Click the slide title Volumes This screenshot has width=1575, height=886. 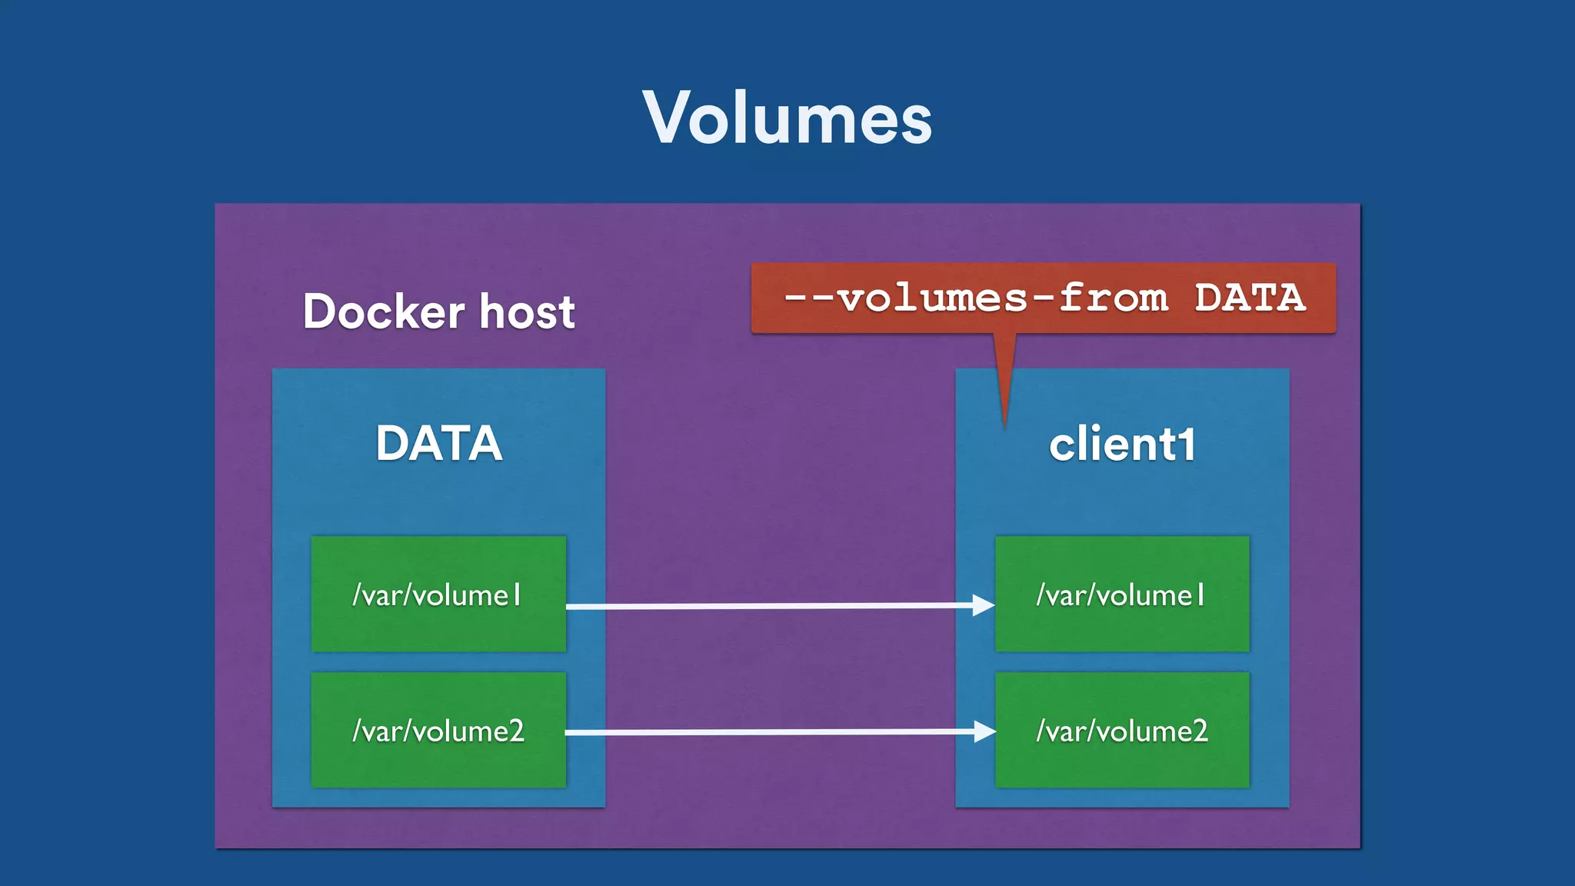787,118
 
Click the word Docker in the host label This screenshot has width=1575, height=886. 384,311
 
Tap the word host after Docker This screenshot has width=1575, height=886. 528,311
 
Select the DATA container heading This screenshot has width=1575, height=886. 438,444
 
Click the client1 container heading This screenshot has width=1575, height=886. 1122,445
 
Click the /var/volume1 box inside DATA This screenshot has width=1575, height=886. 438,594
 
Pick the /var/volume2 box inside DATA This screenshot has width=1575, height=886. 438,730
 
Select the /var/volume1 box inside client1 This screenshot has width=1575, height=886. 1122,594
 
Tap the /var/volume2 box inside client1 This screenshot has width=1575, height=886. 1122,730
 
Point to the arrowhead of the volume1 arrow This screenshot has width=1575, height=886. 984,605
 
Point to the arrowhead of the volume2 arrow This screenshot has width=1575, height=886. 984,731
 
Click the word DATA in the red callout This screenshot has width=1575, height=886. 1250,298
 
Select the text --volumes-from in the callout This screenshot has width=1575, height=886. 975,298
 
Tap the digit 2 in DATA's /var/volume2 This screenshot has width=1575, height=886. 515,731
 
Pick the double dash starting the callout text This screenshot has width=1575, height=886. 808,298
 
